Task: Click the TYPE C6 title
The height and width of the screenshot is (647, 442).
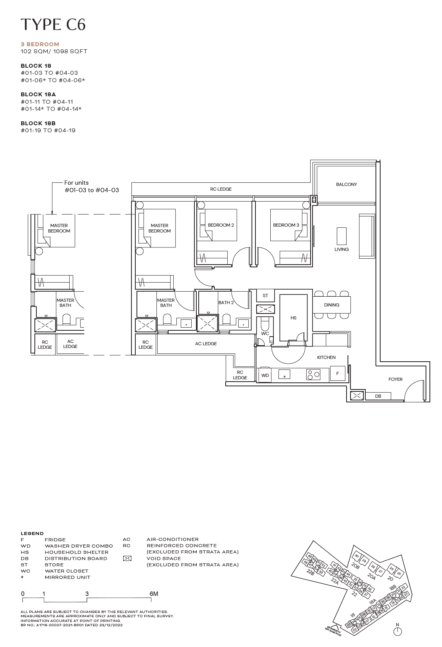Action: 53,25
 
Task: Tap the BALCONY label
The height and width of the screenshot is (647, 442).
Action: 346,184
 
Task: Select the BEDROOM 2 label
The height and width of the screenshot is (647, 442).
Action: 221,225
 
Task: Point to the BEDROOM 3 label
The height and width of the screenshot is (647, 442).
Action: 286,225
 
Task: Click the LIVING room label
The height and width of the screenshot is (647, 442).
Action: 341,249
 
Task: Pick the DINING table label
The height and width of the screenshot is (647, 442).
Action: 331,305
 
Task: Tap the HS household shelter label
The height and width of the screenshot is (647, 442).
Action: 293,318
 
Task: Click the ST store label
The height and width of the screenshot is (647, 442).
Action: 265,296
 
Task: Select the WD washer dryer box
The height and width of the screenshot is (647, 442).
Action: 265,375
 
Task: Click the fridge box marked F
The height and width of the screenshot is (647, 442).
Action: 338,373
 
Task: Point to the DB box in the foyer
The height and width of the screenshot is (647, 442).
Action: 378,396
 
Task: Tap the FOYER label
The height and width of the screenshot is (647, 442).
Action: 395,379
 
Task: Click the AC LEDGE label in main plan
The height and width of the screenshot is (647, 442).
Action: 206,344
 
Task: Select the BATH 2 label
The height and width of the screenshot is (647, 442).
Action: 226,303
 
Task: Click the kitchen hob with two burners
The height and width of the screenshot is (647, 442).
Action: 313,375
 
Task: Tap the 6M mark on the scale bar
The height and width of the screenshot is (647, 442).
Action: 154,594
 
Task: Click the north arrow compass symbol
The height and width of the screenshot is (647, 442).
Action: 397,631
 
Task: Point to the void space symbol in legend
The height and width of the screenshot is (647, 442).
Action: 127,559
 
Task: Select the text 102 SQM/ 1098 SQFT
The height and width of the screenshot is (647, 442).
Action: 54,51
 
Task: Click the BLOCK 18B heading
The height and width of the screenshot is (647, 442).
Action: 38,123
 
